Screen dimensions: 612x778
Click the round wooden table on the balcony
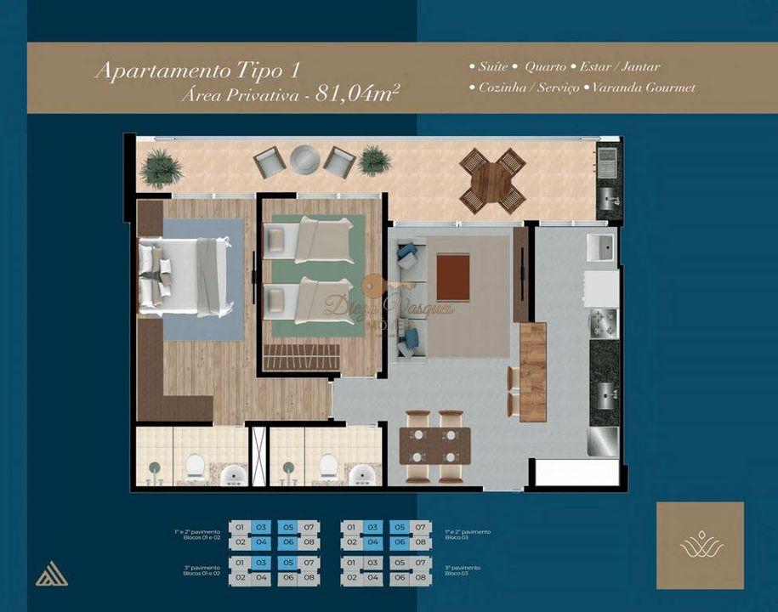pos(492,181)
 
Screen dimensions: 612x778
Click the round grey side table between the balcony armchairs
pos(304,159)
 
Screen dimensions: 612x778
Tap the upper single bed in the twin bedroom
pos(308,239)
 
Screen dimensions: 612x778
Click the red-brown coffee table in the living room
pos(453,277)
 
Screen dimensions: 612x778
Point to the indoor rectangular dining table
pos(434,445)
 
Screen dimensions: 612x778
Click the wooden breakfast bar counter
pos(532,371)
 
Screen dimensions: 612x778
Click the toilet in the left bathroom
pos(196,466)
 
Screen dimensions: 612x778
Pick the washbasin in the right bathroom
pos(365,475)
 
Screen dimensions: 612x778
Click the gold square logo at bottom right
pos(700,545)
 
